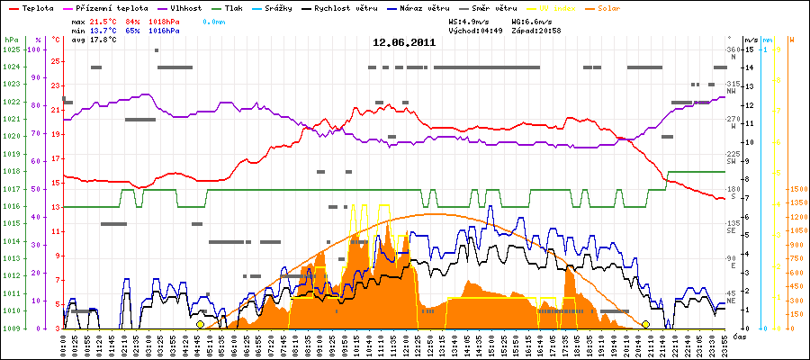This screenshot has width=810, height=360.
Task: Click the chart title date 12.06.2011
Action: [x=405, y=41]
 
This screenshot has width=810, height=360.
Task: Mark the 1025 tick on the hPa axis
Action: [x=11, y=49]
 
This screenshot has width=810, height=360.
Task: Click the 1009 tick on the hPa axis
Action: [x=11, y=328]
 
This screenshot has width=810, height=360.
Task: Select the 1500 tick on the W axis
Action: [x=797, y=189]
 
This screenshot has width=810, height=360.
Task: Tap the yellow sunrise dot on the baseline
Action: [x=200, y=324]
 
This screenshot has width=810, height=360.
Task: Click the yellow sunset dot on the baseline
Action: [x=645, y=324]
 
